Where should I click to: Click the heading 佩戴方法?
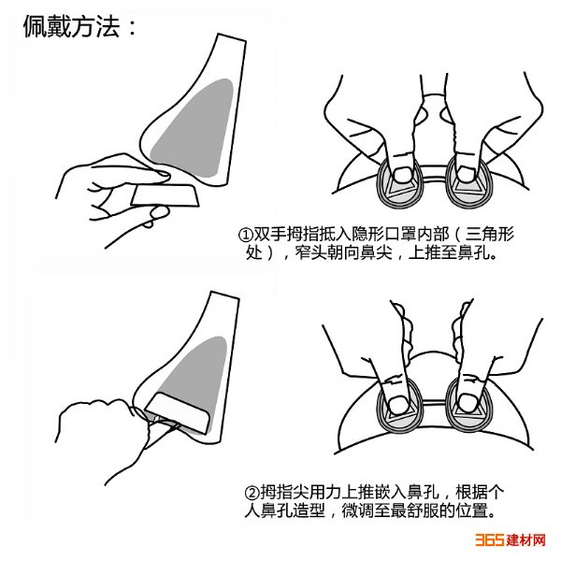71,26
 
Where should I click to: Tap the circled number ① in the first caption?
245,235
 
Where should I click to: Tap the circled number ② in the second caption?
252,493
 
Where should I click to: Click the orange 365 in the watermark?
489,539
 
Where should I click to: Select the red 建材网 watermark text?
525,539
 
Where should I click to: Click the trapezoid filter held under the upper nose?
165,195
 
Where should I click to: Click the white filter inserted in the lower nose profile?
178,411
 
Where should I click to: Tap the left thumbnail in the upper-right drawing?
402,175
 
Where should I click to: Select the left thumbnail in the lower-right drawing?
398,404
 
